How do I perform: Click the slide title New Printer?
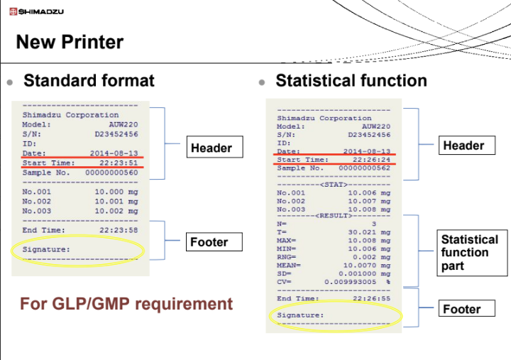(70, 42)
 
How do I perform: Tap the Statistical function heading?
(351, 80)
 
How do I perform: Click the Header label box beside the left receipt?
(211, 148)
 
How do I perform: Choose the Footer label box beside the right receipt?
(462, 309)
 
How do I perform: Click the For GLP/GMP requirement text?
(126, 304)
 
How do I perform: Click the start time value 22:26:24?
(371, 160)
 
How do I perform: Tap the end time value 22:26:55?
(371, 299)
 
